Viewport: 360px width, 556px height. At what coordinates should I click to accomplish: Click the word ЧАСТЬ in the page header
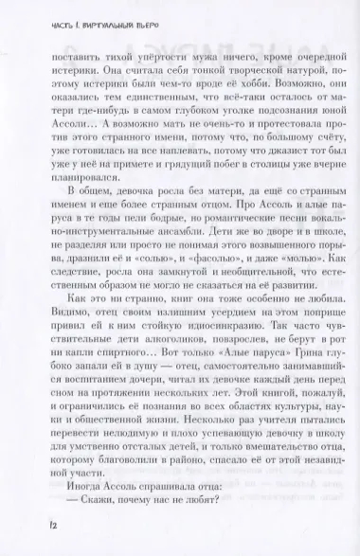tap(31, 13)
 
